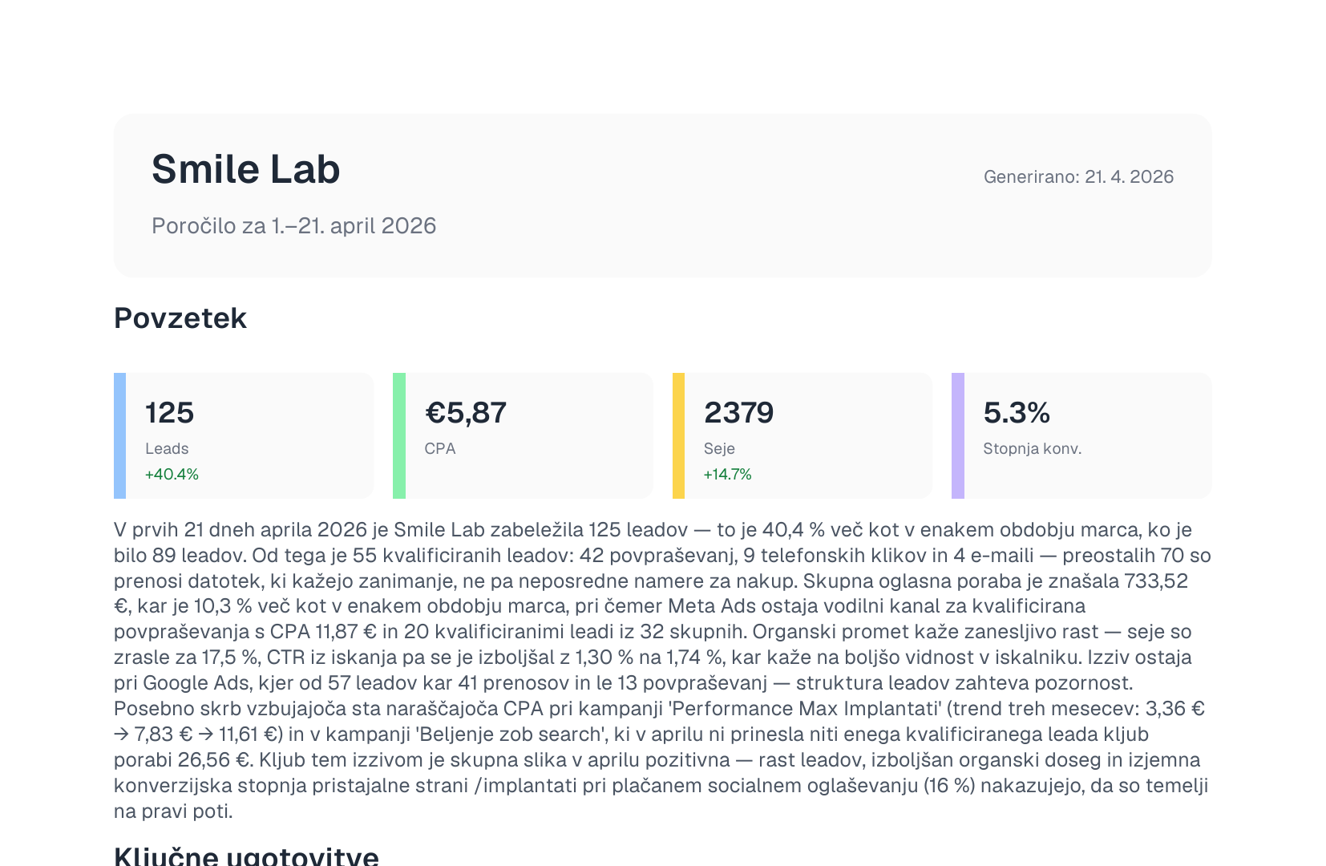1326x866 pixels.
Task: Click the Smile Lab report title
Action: (x=245, y=169)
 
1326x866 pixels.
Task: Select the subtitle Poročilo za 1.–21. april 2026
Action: (x=293, y=225)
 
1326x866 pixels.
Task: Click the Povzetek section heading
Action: (x=180, y=318)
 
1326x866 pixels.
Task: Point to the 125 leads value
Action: (x=169, y=413)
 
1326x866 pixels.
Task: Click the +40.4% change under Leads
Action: (x=172, y=474)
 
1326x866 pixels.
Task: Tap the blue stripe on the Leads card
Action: (x=119, y=435)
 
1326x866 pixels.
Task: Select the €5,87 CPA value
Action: (x=465, y=413)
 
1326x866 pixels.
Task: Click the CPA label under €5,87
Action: (x=440, y=449)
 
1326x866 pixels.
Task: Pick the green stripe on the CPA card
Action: (x=399, y=435)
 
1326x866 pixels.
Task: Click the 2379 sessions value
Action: (x=739, y=413)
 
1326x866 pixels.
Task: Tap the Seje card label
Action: (x=719, y=449)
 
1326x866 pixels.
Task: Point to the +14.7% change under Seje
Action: (x=727, y=474)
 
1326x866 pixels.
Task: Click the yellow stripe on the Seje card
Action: (x=678, y=435)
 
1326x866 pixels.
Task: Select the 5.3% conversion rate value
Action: (x=1017, y=413)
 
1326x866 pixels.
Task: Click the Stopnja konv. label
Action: (x=1033, y=449)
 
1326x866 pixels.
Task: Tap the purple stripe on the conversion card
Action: (x=958, y=435)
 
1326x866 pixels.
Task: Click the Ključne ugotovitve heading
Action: (x=246, y=856)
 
